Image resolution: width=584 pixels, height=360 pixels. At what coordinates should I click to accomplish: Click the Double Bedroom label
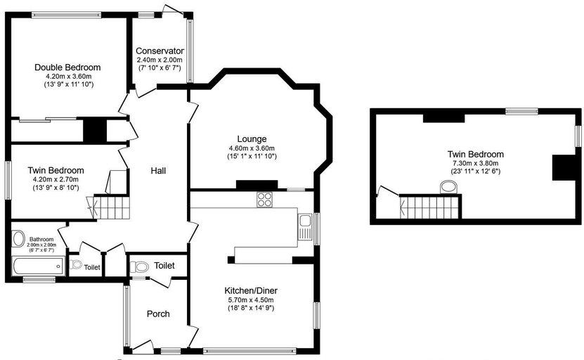[67, 67]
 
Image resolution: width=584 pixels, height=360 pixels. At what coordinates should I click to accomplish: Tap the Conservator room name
[160, 51]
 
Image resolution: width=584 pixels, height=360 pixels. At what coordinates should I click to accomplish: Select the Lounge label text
[252, 139]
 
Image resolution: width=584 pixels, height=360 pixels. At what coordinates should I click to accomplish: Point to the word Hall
[158, 171]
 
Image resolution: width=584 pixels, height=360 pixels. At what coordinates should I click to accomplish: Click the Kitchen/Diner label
[251, 290]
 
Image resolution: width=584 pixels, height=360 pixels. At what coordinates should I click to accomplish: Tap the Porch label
[158, 314]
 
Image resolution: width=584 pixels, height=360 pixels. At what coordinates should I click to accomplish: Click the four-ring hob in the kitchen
[264, 200]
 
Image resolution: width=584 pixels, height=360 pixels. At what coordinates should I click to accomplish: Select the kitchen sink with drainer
[305, 227]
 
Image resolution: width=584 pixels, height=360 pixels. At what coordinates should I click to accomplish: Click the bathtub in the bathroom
[39, 266]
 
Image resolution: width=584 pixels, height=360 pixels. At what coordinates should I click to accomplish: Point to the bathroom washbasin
[18, 239]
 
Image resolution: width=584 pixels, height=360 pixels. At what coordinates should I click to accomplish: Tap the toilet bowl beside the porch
[138, 266]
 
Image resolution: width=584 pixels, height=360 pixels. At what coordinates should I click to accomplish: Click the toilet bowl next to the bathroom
[76, 264]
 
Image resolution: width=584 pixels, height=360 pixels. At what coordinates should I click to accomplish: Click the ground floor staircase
[112, 207]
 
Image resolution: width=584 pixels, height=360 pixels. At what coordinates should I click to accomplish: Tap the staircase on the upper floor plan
[430, 207]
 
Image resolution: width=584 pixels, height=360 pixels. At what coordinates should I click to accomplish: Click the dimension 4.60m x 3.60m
[252, 148]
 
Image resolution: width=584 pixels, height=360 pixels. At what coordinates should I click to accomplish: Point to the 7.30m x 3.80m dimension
[476, 163]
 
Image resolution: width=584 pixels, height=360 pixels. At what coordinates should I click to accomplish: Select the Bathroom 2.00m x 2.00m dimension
[41, 245]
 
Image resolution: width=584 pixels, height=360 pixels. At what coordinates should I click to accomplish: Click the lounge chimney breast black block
[257, 185]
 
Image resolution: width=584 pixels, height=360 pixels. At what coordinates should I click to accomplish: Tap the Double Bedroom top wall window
[66, 15]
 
